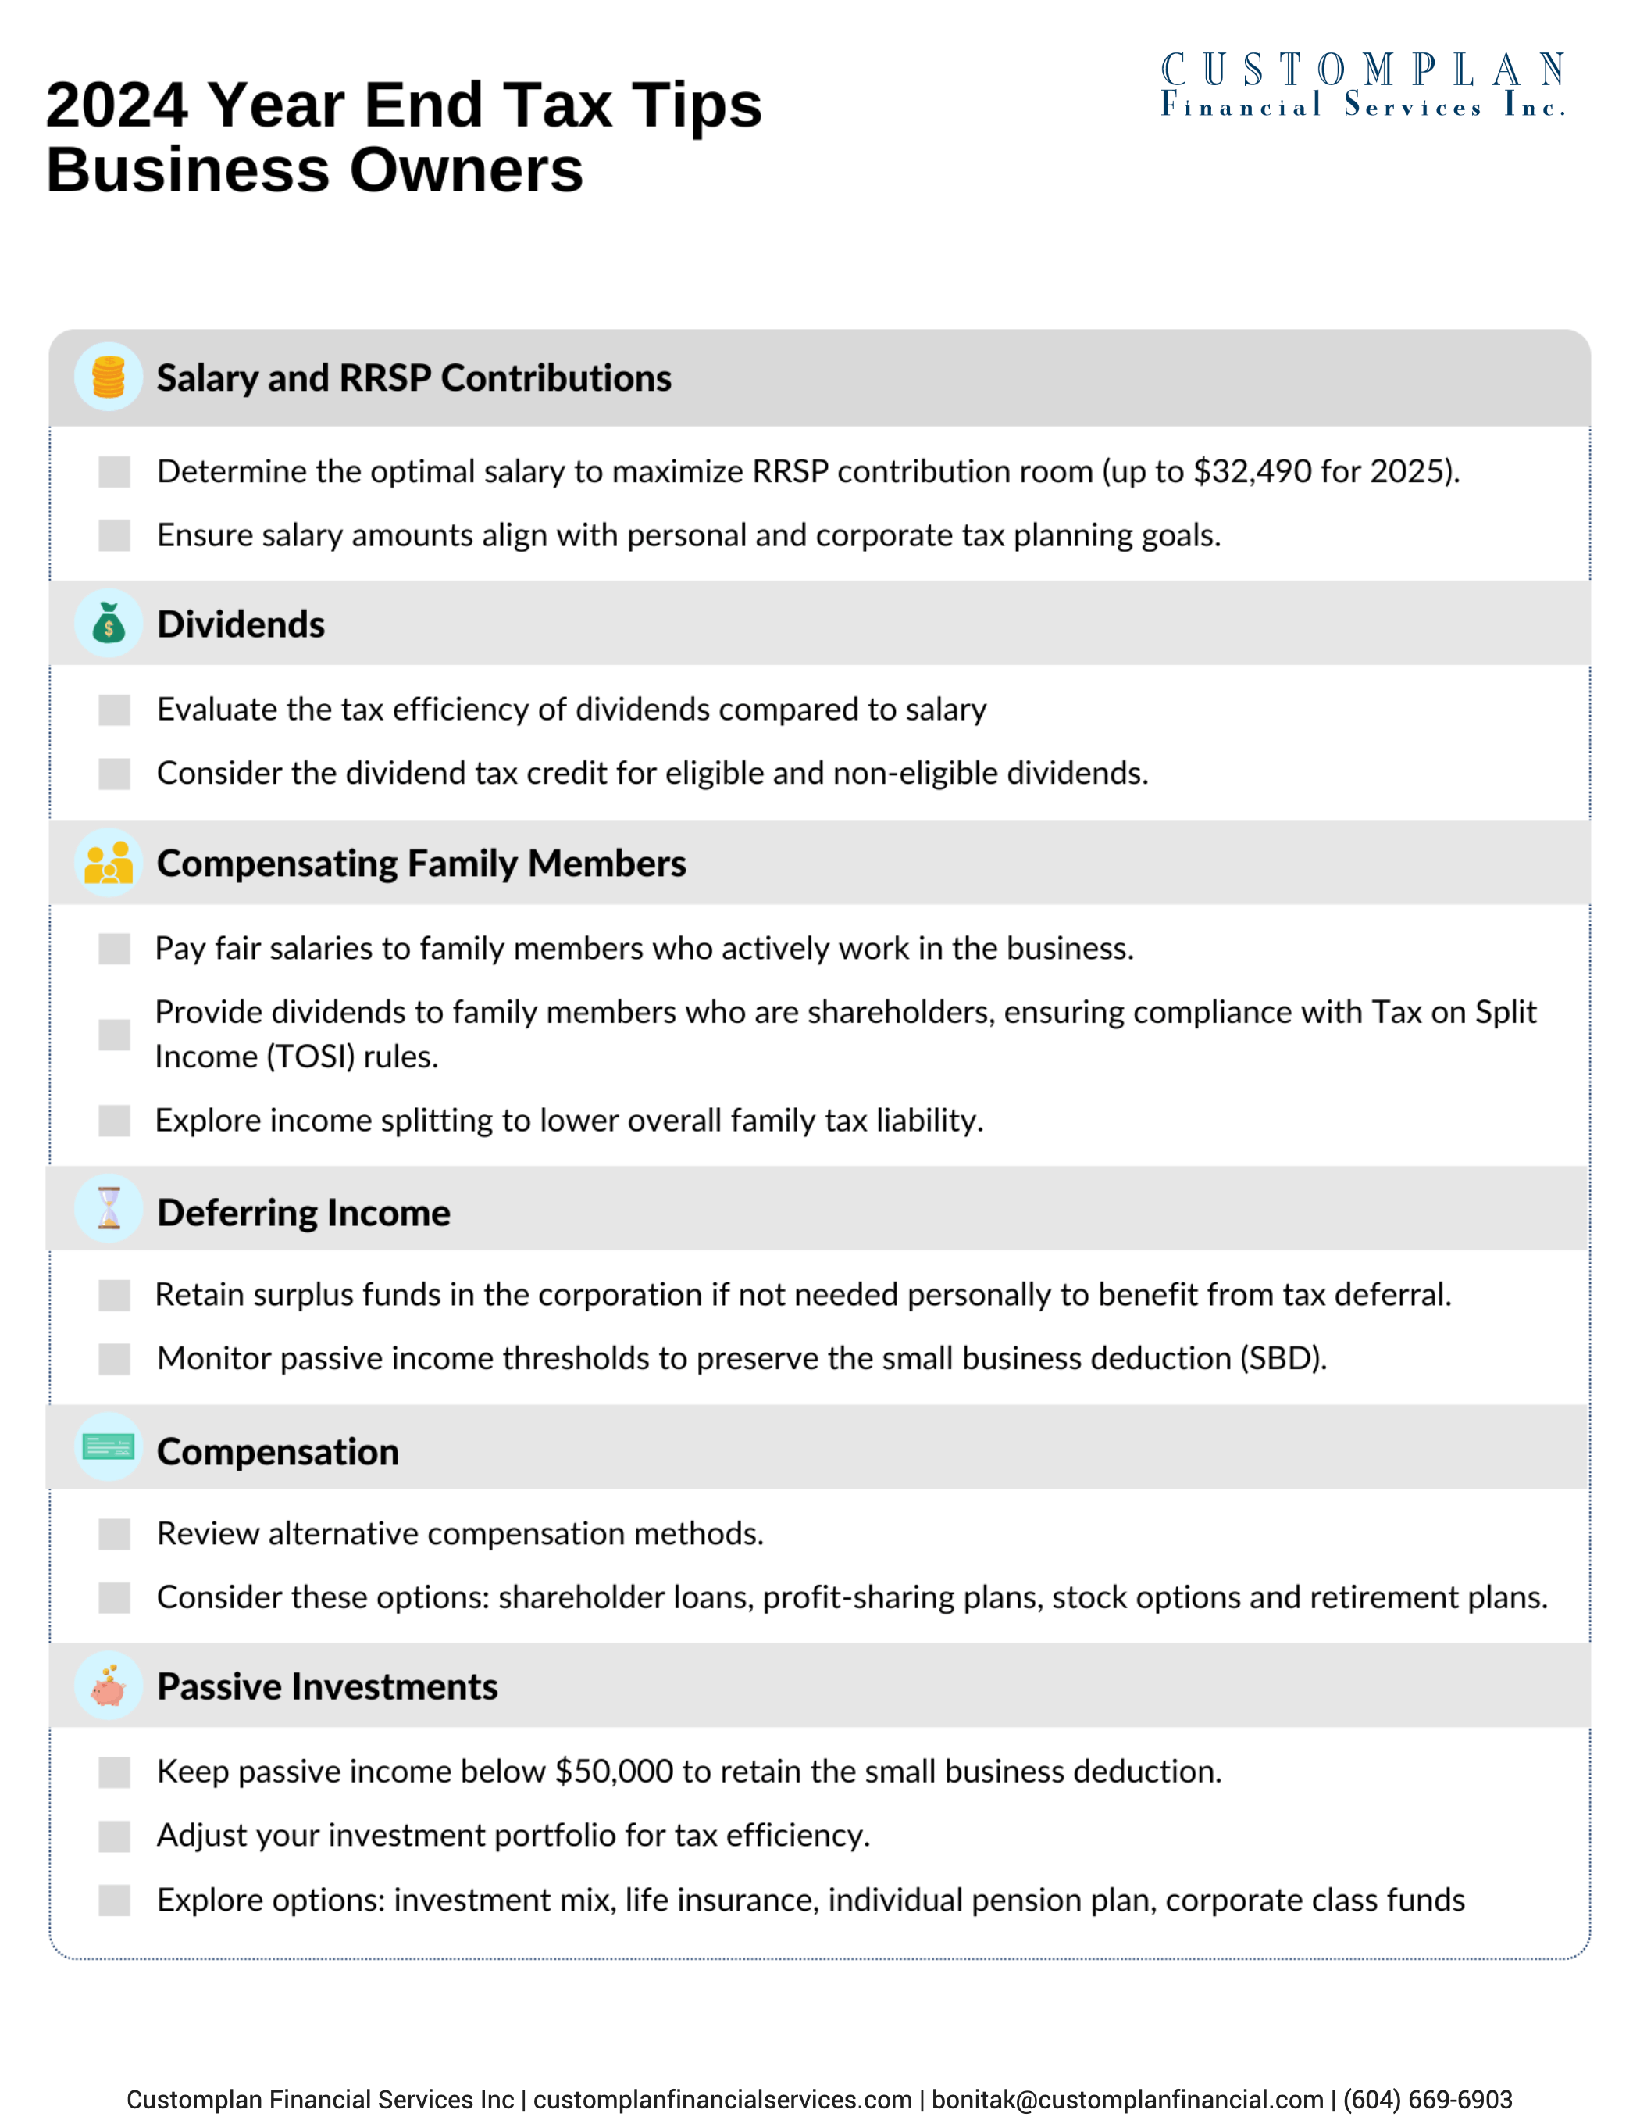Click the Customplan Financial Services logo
(x=1362, y=86)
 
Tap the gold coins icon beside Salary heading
(x=109, y=377)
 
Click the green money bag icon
(x=109, y=624)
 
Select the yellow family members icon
(x=109, y=863)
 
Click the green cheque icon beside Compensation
(x=109, y=1448)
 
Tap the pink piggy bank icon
(x=109, y=1686)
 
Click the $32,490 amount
(x=1252, y=472)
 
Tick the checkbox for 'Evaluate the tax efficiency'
(x=115, y=710)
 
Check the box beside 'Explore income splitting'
(x=115, y=1121)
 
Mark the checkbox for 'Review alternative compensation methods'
(x=115, y=1535)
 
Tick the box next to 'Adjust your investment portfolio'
(x=115, y=1836)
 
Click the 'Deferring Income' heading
(x=303, y=1213)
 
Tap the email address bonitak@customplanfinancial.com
(x=1127, y=2100)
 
